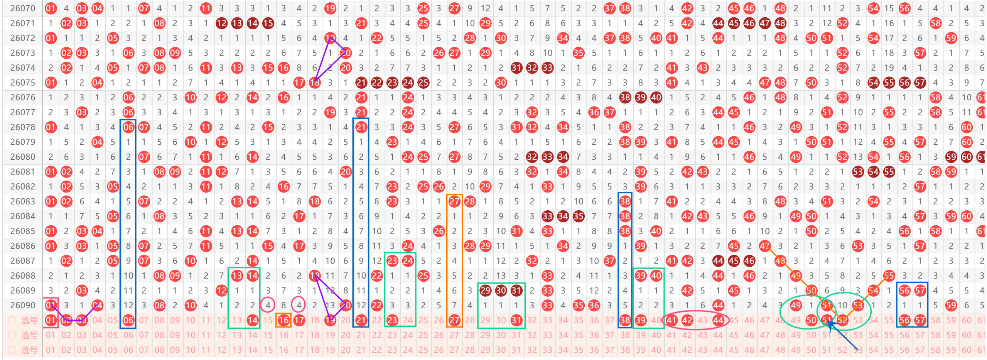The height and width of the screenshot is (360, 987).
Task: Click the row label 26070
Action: (23, 8)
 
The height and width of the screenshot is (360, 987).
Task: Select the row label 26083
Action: (23, 201)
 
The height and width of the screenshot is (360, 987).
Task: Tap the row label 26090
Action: (23, 305)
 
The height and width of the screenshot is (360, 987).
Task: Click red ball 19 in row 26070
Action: (330, 8)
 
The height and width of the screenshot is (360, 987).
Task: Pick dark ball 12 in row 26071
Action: (221, 23)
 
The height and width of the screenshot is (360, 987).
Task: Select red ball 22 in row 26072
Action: (377, 38)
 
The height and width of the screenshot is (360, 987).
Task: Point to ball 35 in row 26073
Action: (578, 53)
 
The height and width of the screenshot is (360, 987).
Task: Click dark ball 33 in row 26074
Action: (547, 68)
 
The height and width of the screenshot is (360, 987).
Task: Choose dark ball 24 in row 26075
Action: (408, 83)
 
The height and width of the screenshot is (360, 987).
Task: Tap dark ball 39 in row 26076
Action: (641, 97)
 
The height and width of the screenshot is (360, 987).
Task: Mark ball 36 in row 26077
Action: (594, 112)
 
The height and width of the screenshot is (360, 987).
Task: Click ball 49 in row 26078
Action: (796, 127)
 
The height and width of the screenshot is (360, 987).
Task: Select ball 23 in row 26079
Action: (392, 142)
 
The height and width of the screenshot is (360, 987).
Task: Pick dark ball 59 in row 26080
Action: (951, 157)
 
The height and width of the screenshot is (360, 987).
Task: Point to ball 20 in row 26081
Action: (346, 172)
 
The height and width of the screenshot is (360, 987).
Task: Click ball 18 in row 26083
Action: (315, 201)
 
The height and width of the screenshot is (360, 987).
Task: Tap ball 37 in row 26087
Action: (609, 261)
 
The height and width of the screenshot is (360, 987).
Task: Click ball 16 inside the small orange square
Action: (283, 320)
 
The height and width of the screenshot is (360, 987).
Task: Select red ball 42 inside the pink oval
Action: (687, 320)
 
